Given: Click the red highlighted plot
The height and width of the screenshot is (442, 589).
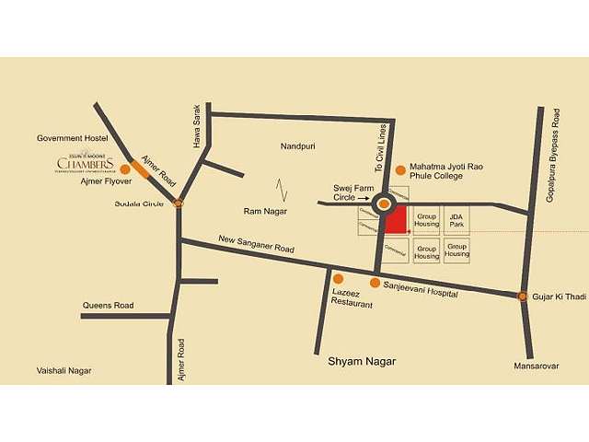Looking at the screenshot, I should [397, 220].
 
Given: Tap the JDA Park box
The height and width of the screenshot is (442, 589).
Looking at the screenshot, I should [456, 219].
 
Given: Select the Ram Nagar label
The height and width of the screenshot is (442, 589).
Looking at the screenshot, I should [265, 211].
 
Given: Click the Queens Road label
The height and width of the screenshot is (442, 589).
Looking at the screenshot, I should [108, 306].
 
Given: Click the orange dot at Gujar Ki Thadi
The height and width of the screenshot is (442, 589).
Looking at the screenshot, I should [523, 297].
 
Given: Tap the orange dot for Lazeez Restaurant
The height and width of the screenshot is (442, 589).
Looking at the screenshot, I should [338, 278].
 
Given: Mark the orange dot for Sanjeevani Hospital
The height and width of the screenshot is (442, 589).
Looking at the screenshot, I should [375, 283].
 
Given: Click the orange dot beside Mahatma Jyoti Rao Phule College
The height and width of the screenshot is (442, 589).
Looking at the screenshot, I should [400, 170].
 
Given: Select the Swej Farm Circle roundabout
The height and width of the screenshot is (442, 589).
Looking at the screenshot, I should [384, 204].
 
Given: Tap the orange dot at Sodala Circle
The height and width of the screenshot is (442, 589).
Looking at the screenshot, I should [179, 203].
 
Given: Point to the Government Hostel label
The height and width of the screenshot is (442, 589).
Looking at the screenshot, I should [73, 138].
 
